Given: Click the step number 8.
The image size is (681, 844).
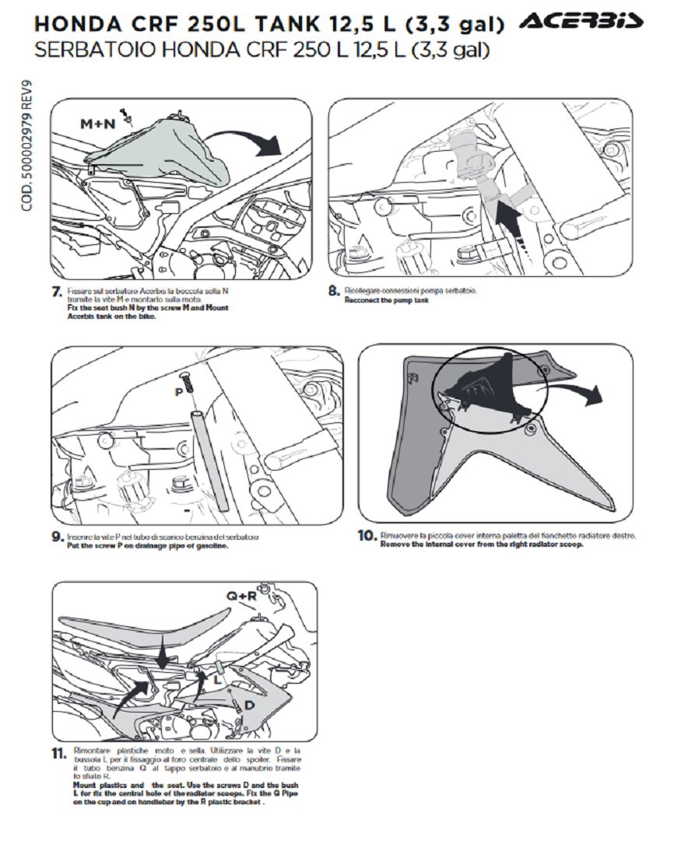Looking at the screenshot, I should [334, 291].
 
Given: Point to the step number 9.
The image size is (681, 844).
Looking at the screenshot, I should [56, 537].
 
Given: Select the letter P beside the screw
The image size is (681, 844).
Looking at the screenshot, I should [178, 392].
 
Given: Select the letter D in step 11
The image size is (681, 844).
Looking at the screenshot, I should [249, 705].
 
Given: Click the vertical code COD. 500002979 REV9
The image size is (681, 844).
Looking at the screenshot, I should [27, 148].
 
